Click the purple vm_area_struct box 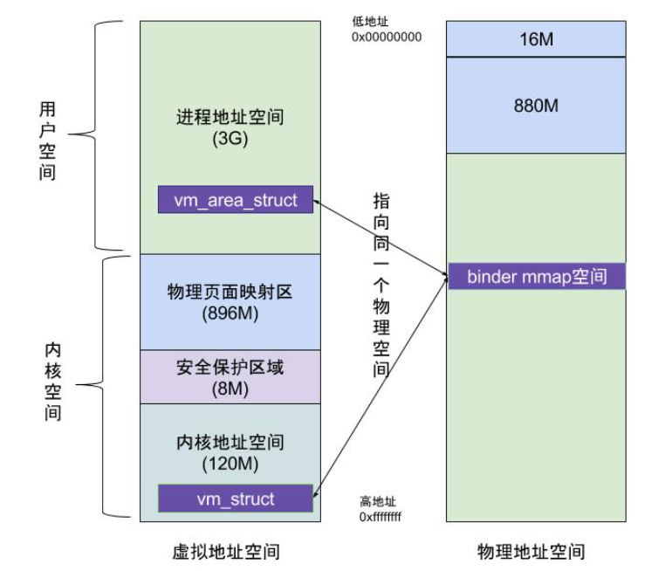click(236, 200)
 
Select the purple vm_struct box click(236, 499)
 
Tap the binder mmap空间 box click(536, 278)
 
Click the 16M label click(536, 39)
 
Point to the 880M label click(536, 105)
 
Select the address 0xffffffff click(380, 517)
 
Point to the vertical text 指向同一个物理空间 click(381, 285)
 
